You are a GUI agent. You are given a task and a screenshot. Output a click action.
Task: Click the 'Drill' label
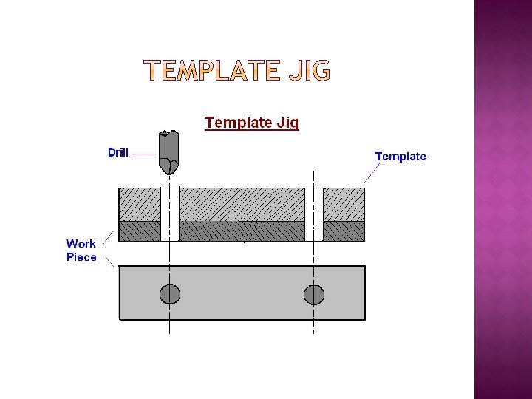click(x=118, y=153)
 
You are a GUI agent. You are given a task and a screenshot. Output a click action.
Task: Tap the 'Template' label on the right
click(x=400, y=156)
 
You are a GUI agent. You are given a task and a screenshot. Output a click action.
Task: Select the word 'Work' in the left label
click(x=81, y=243)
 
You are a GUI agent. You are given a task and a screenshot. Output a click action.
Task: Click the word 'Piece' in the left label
click(x=81, y=257)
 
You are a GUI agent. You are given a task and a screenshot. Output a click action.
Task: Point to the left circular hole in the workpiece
click(x=170, y=294)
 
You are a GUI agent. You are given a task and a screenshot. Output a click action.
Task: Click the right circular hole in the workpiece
click(x=314, y=294)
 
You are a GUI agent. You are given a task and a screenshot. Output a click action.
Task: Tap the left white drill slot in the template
click(x=170, y=214)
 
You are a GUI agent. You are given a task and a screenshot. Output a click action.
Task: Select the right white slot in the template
click(x=314, y=214)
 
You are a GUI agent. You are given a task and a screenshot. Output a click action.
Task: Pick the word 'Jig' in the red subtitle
click(x=286, y=123)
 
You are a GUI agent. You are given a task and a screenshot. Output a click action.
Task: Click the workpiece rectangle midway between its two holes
click(x=242, y=293)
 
